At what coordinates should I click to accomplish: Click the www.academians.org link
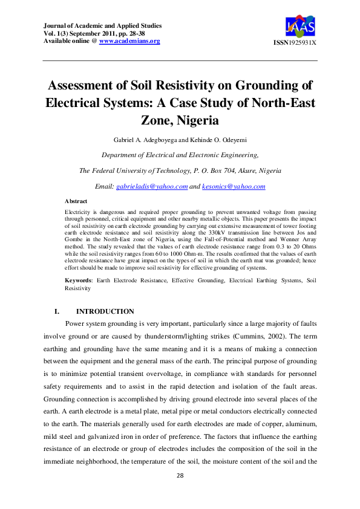click(x=129, y=41)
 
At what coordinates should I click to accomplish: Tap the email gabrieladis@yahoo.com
click(x=152, y=186)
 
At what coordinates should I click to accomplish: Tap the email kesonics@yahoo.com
click(x=234, y=186)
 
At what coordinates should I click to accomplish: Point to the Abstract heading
click(x=76, y=201)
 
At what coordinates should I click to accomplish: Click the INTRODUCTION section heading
click(x=105, y=311)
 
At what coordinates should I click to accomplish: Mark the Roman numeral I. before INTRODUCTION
click(x=57, y=311)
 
